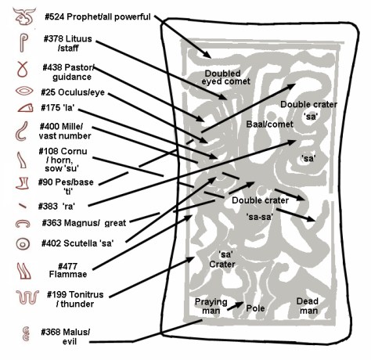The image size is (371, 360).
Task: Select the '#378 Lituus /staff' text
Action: pyautogui.click(x=70, y=44)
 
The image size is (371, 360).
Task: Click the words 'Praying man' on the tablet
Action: pyautogui.click(x=211, y=305)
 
